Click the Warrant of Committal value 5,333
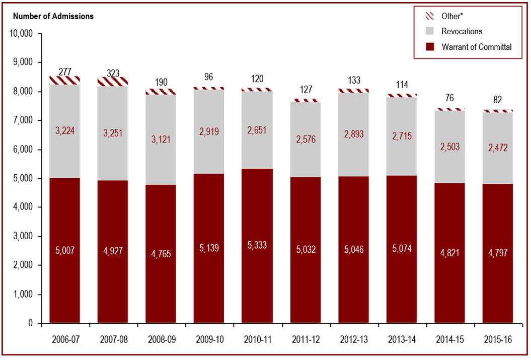[x=257, y=245]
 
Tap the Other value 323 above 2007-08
[x=113, y=74]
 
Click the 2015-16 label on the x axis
[x=498, y=339]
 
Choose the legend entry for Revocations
[x=462, y=31]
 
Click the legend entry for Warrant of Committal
[x=476, y=47]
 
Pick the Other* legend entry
[x=451, y=16]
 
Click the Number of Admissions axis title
[x=53, y=16]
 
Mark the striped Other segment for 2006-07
[x=64, y=80]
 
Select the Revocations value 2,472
[x=498, y=148]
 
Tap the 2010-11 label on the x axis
[x=257, y=339]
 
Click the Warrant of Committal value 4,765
[x=161, y=253]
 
